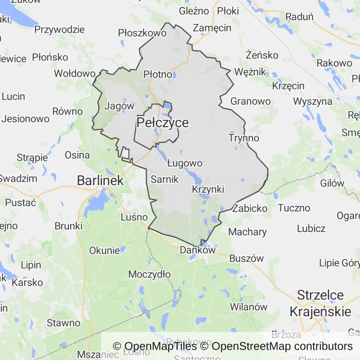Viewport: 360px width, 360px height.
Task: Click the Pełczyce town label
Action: (163, 123)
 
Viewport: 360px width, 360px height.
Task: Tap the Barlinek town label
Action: (100, 180)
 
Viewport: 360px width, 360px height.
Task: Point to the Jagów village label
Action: (120, 106)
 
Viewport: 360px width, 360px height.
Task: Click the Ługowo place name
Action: (185, 163)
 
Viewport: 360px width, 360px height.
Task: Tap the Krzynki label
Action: (208, 189)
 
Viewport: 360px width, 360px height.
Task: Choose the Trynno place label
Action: (244, 138)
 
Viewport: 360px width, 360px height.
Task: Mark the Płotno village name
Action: (157, 74)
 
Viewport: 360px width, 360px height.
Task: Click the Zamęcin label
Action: (212, 28)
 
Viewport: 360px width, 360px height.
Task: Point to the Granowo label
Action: (250, 101)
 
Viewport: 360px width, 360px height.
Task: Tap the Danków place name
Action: (197, 250)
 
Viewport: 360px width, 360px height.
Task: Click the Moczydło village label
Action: (150, 274)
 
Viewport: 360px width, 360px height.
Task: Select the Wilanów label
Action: (248, 307)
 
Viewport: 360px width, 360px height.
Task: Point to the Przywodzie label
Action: (60, 30)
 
